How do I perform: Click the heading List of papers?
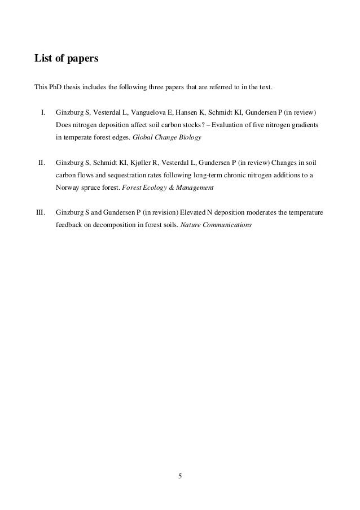pos(67,58)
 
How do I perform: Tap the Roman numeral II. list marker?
pos(41,163)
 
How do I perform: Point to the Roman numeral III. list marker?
pos(40,213)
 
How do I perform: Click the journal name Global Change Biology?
pos(166,137)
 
